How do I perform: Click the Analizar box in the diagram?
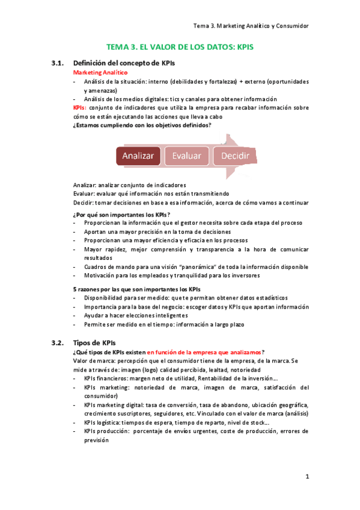pyautogui.click(x=138, y=156)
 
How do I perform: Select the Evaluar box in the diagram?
pyautogui.click(x=186, y=156)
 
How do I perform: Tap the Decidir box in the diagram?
pyautogui.click(x=235, y=156)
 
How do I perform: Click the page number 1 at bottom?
pyautogui.click(x=307, y=477)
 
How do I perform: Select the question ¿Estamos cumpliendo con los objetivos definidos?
pyautogui.click(x=141, y=125)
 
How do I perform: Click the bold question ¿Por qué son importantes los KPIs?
pyautogui.click(x=121, y=214)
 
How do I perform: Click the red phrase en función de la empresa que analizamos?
pyautogui.click(x=204, y=352)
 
